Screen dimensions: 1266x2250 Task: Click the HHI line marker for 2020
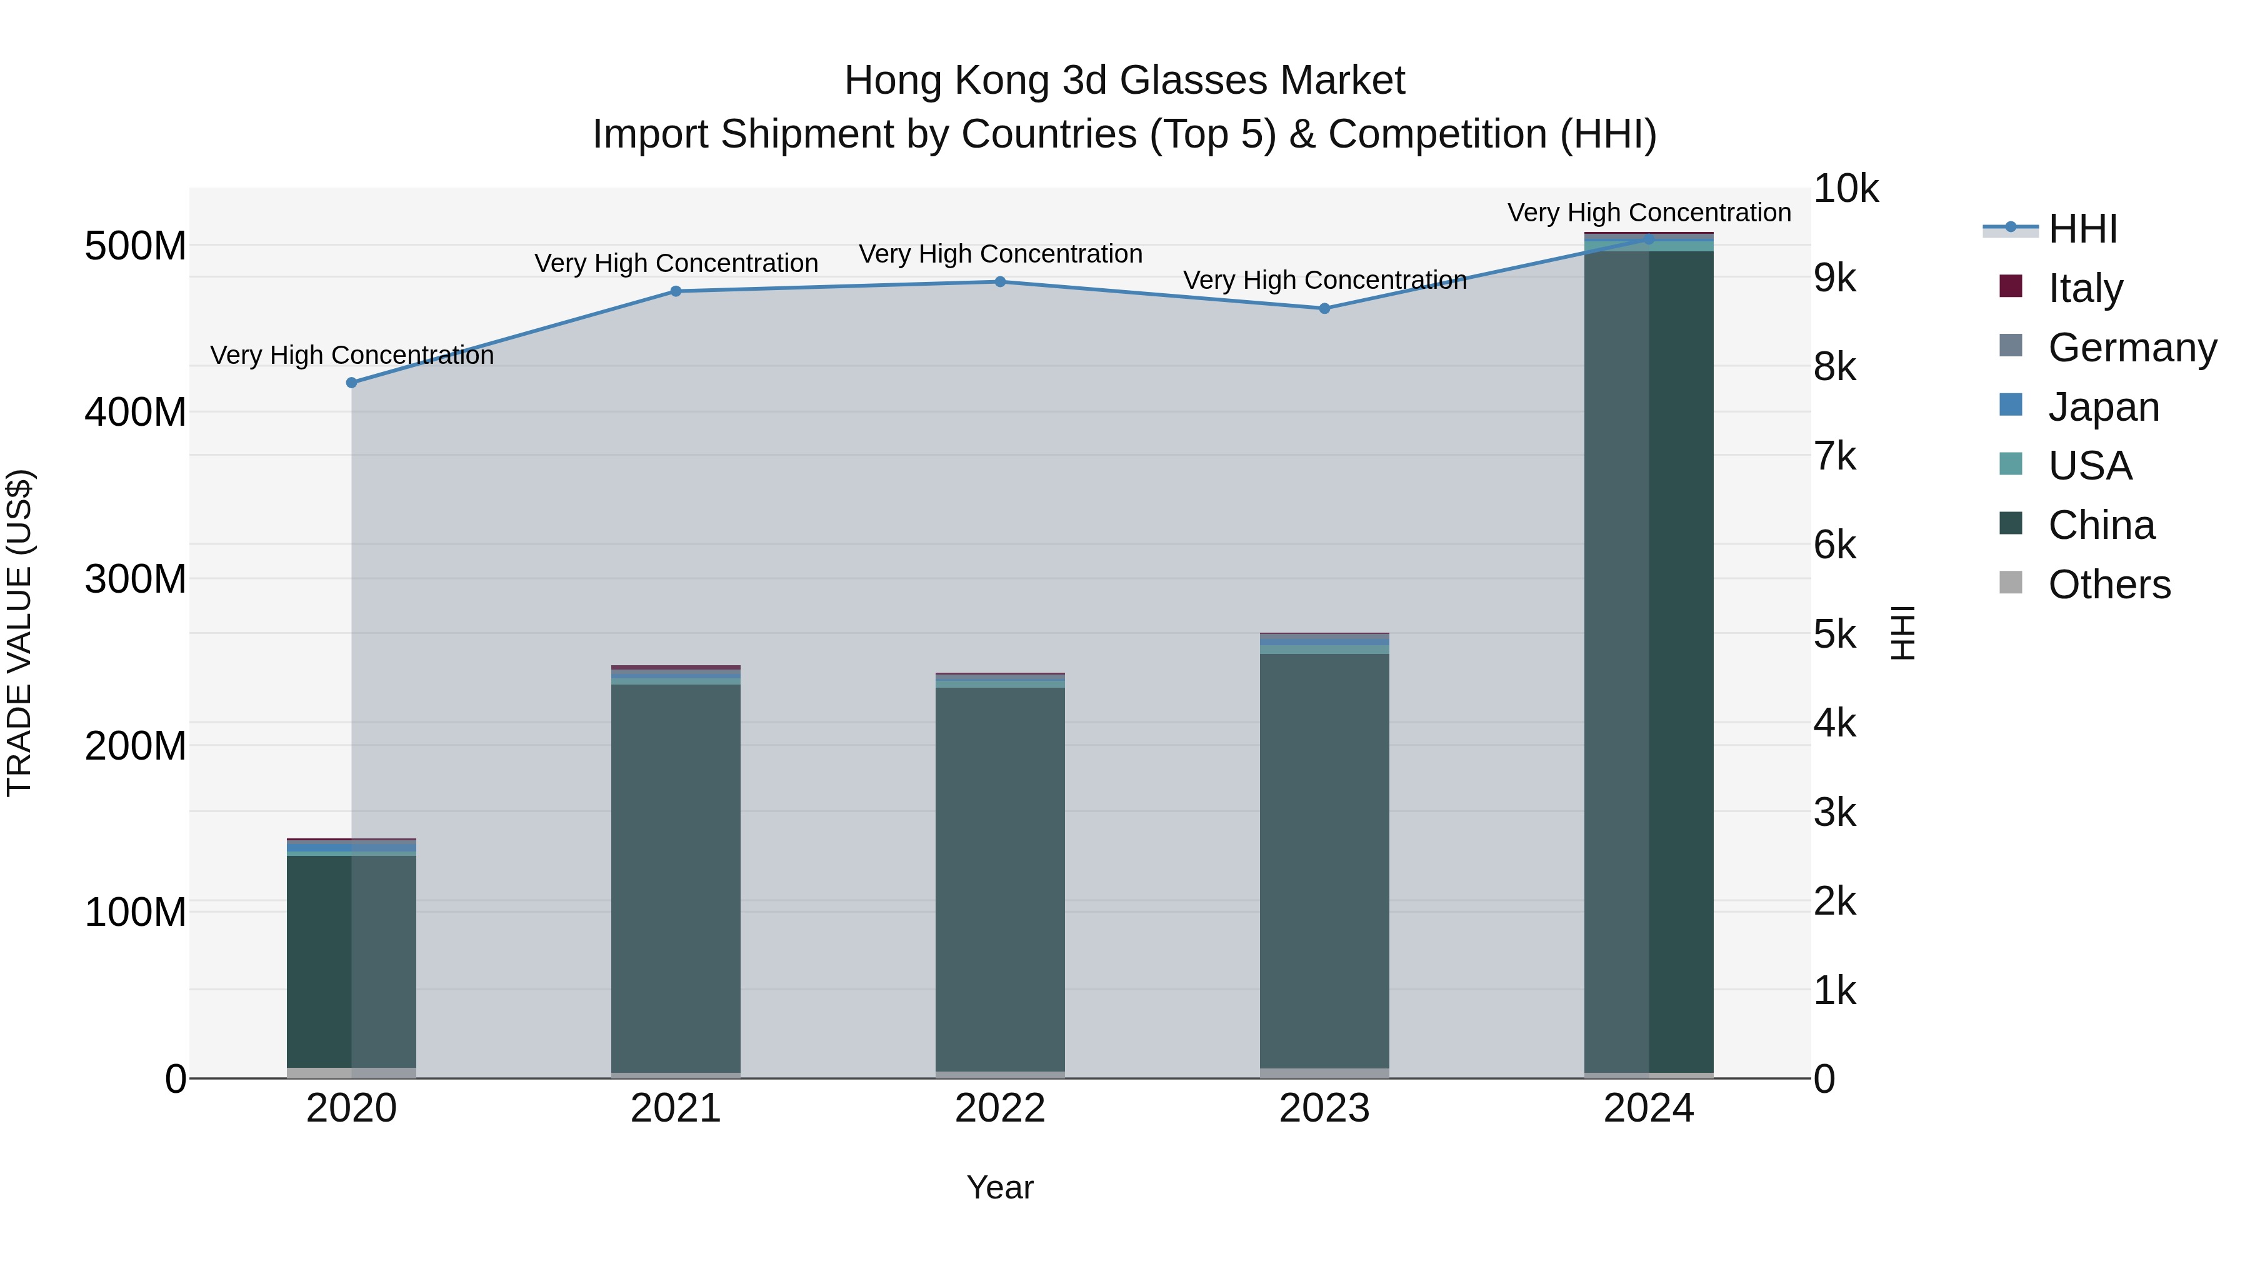(x=351, y=383)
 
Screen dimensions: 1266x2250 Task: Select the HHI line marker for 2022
(x=1000, y=282)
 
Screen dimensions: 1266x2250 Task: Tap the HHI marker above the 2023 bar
(x=1324, y=308)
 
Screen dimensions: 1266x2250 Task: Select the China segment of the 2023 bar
(x=1324, y=861)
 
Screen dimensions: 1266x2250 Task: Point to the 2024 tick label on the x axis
(x=1648, y=1108)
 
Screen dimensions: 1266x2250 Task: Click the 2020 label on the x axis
(x=351, y=1108)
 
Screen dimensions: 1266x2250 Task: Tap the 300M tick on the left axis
(x=136, y=578)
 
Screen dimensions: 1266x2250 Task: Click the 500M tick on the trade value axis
(x=136, y=246)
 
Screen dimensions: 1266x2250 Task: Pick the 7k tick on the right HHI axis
(x=1834, y=456)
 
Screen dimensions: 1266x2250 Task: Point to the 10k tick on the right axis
(x=1846, y=189)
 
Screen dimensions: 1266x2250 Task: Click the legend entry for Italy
(x=2085, y=288)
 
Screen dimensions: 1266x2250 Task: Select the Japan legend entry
(x=2103, y=406)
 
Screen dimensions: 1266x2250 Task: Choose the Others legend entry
(x=2109, y=584)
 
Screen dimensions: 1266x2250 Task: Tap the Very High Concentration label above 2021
(x=676, y=263)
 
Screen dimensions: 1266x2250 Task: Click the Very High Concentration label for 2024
(x=1648, y=213)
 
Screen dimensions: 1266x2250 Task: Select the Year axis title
(x=1000, y=1187)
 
